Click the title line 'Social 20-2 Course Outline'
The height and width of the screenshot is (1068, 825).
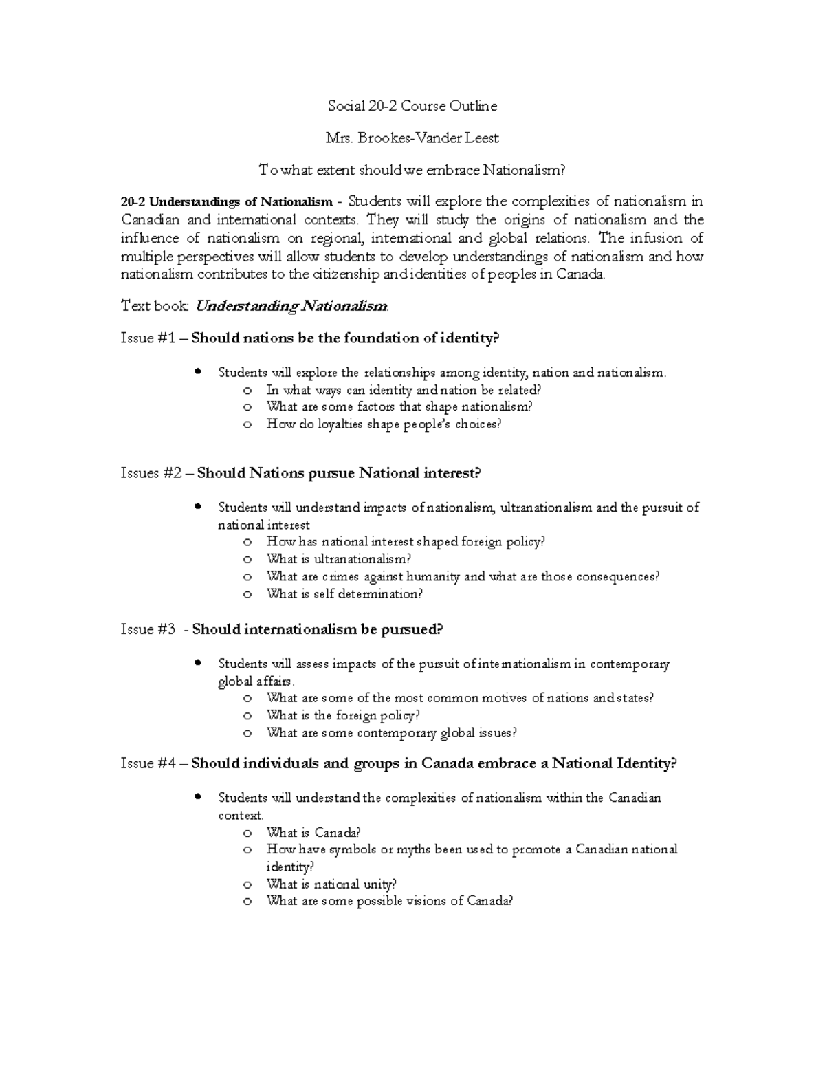[x=412, y=106]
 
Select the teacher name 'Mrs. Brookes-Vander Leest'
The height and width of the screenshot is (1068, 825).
[x=412, y=138]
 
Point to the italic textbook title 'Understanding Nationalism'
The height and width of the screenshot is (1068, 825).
[x=292, y=306]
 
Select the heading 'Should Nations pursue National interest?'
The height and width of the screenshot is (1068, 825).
[x=339, y=473]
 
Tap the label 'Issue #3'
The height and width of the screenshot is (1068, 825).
[x=147, y=629]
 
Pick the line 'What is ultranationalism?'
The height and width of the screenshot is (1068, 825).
[x=339, y=559]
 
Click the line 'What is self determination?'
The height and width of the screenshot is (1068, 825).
[x=344, y=593]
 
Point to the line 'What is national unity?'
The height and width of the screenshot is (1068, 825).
[x=331, y=884]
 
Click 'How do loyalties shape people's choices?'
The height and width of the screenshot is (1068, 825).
[x=384, y=424]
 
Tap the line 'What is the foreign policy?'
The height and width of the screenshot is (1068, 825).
[x=343, y=715]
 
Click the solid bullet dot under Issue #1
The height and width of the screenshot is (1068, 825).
[x=198, y=372]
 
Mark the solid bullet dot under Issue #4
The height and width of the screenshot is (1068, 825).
[x=198, y=797]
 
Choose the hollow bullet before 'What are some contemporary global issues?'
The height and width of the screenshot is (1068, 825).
[x=247, y=733]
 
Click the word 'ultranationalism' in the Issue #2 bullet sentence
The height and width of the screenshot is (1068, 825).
[x=546, y=508]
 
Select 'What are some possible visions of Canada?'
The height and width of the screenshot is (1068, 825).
[x=390, y=901]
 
